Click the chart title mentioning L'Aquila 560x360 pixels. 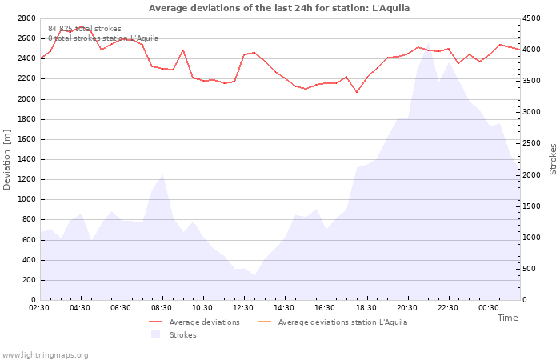(279, 8)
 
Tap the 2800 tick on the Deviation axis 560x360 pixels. (26, 18)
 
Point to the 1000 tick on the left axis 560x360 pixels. (26, 199)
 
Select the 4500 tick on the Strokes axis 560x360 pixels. (531, 18)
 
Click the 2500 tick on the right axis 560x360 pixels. (531, 143)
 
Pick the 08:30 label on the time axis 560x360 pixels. (162, 308)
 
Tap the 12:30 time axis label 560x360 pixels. (243, 308)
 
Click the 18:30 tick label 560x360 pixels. (366, 308)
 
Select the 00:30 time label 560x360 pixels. (489, 308)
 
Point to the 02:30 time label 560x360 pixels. (39, 308)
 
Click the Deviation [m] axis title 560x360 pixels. (6, 159)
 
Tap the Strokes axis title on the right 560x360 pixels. (553, 159)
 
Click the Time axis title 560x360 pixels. (507, 318)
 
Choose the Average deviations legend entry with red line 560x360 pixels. (194, 322)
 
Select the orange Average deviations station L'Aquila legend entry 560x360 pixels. (332, 322)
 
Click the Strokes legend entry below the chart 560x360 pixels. (174, 334)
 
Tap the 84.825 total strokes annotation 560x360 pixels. (85, 29)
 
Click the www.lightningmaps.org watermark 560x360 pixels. (45, 355)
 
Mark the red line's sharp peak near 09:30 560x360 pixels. (183, 50)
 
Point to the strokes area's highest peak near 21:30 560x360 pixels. (428, 43)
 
